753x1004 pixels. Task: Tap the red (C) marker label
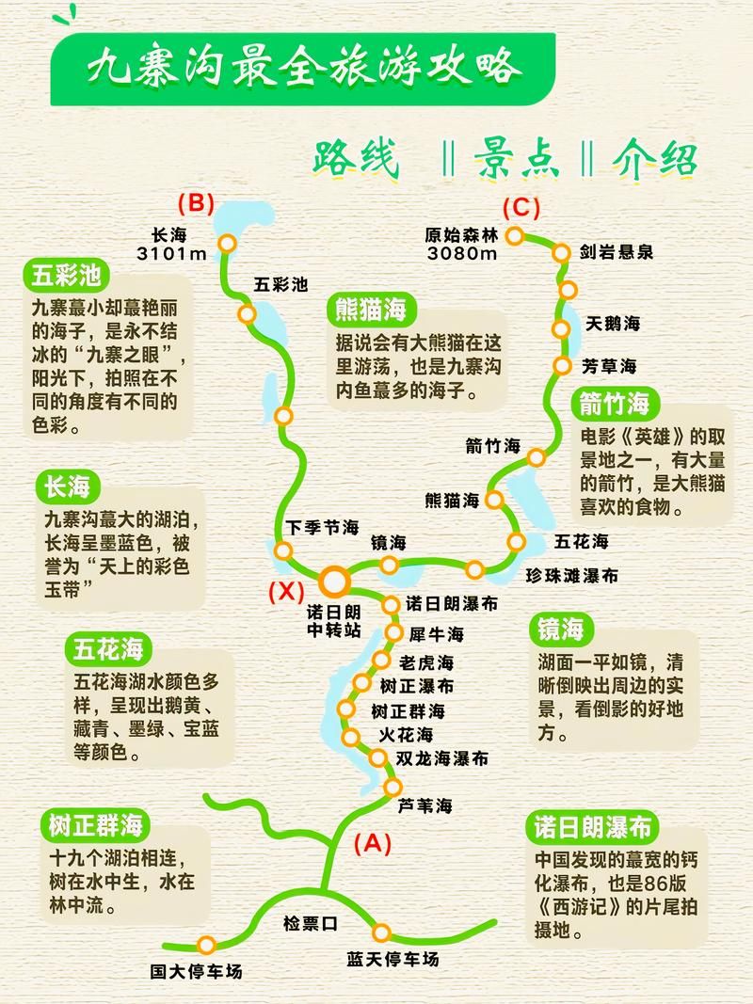pyautogui.click(x=521, y=207)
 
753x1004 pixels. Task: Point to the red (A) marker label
pyautogui.click(x=371, y=843)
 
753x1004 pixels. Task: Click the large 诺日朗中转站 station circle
pyautogui.click(x=334, y=578)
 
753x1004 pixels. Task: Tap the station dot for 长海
pyautogui.click(x=227, y=243)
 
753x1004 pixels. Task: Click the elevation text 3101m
pyautogui.click(x=171, y=254)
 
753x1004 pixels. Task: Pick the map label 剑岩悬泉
pyautogui.click(x=616, y=252)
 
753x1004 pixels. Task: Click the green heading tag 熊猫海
pyautogui.click(x=371, y=309)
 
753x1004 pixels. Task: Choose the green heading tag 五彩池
pyautogui.click(x=66, y=277)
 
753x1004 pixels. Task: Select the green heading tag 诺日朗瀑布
pyautogui.click(x=589, y=827)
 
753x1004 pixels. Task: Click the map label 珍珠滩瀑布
pyautogui.click(x=571, y=575)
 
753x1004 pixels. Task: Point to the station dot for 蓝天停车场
pyautogui.click(x=381, y=932)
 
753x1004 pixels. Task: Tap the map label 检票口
pyautogui.click(x=310, y=923)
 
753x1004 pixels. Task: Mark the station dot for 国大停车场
pyautogui.click(x=206, y=945)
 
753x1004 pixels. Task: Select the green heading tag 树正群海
pyautogui.click(x=94, y=825)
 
